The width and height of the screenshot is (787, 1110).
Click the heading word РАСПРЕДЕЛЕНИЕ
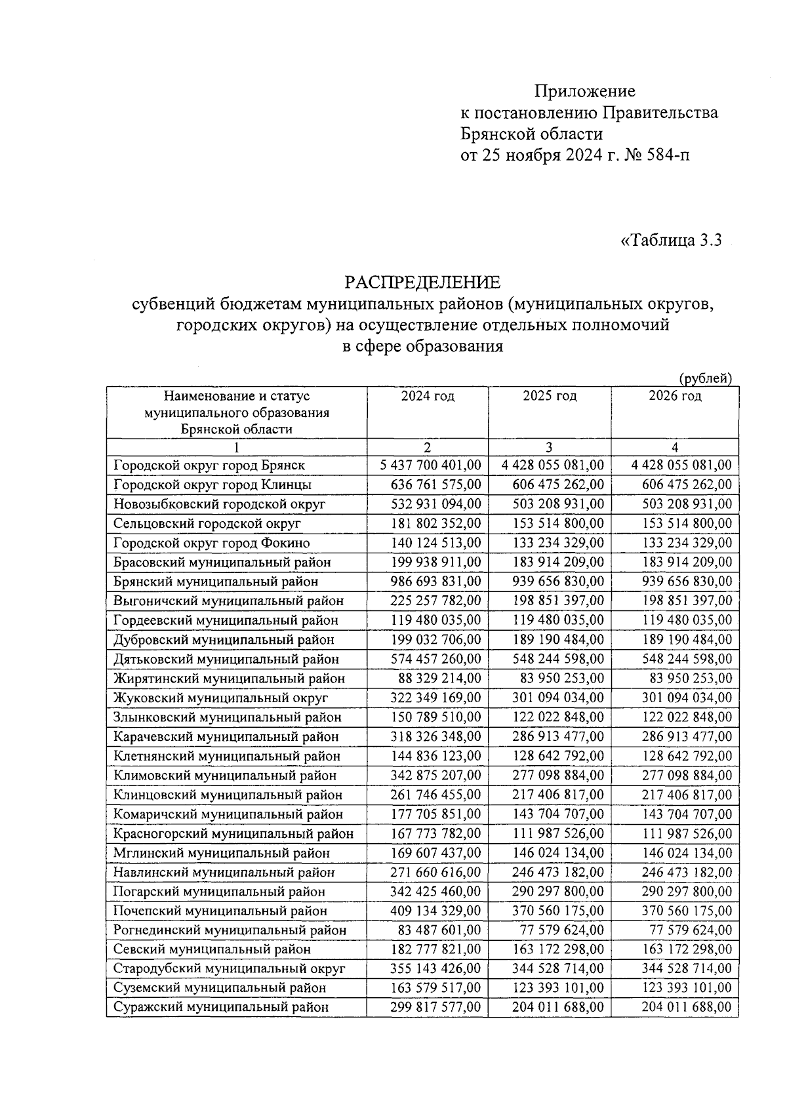[x=422, y=283]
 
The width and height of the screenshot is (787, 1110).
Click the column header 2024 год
[x=428, y=396]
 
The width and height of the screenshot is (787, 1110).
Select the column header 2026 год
[x=675, y=396]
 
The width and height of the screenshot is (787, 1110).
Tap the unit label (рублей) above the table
[x=705, y=378]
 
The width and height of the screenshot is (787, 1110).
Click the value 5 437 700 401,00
[x=431, y=466]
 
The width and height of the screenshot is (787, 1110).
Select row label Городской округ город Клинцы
[x=212, y=485]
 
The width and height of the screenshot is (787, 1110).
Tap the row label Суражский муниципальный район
[x=221, y=1008]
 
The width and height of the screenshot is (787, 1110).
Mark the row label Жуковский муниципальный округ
[x=221, y=698]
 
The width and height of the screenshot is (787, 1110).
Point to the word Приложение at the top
[x=584, y=91]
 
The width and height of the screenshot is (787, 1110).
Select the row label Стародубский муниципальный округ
[x=230, y=969]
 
